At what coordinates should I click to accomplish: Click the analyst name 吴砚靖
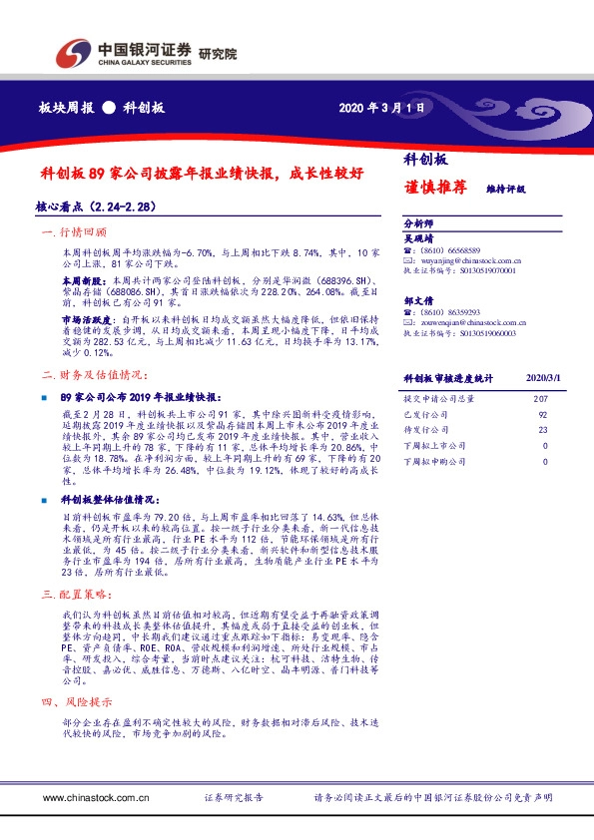[x=418, y=238]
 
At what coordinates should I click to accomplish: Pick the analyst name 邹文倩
[x=418, y=299]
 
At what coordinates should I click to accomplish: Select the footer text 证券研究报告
[x=233, y=798]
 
